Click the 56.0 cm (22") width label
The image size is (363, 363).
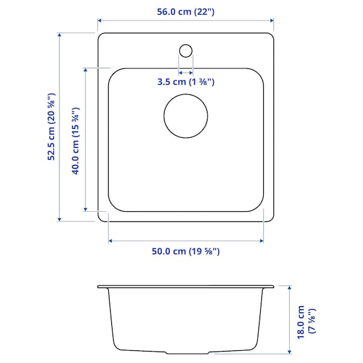pyautogui.click(x=186, y=11)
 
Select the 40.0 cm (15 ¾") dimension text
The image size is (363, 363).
pyautogui.click(x=76, y=140)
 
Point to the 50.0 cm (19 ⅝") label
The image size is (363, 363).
pyautogui.click(x=186, y=252)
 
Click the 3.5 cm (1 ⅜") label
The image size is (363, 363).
pyautogui.click(x=186, y=82)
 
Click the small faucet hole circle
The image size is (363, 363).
pyautogui.click(x=186, y=49)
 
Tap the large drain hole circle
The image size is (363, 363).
pyautogui.click(x=186, y=114)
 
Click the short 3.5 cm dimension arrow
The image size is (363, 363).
pyautogui.click(x=186, y=71)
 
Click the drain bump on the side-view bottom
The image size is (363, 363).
pyautogui.click(x=186, y=353)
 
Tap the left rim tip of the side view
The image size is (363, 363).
pyautogui.click(x=99, y=286)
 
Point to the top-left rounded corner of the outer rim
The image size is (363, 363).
pyautogui.click(x=101, y=36)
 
